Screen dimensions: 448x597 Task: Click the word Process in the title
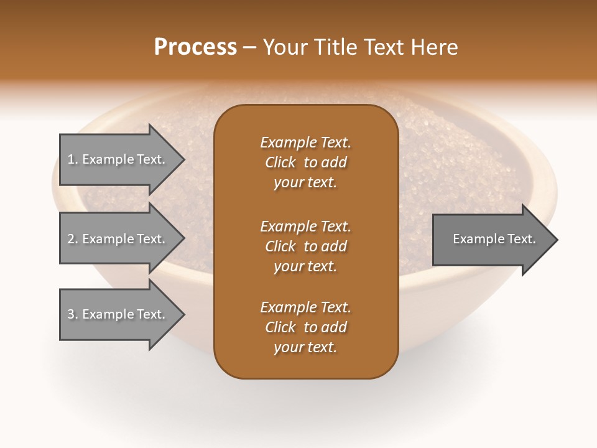point(195,47)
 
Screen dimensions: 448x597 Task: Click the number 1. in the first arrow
point(73,159)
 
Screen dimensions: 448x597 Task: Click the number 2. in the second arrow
point(73,239)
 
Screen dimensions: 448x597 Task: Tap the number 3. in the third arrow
point(73,314)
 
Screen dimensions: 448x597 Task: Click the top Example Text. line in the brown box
point(305,142)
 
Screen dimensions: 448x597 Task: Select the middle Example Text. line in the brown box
point(305,226)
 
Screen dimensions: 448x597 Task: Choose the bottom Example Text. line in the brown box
point(305,307)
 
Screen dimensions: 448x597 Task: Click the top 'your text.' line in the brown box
point(305,183)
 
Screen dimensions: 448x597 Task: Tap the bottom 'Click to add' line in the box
point(305,327)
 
